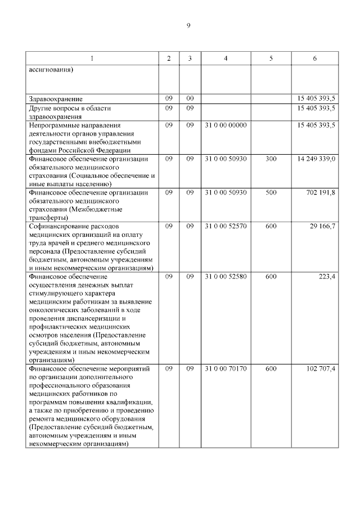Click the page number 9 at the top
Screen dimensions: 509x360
coord(188,25)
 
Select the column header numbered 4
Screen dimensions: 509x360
coord(226,58)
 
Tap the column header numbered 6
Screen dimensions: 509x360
coord(314,58)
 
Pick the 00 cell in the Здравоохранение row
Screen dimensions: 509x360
coord(190,99)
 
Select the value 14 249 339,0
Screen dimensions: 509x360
coord(316,160)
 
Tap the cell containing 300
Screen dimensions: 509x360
coord(271,160)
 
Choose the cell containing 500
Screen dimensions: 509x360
coord(271,193)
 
